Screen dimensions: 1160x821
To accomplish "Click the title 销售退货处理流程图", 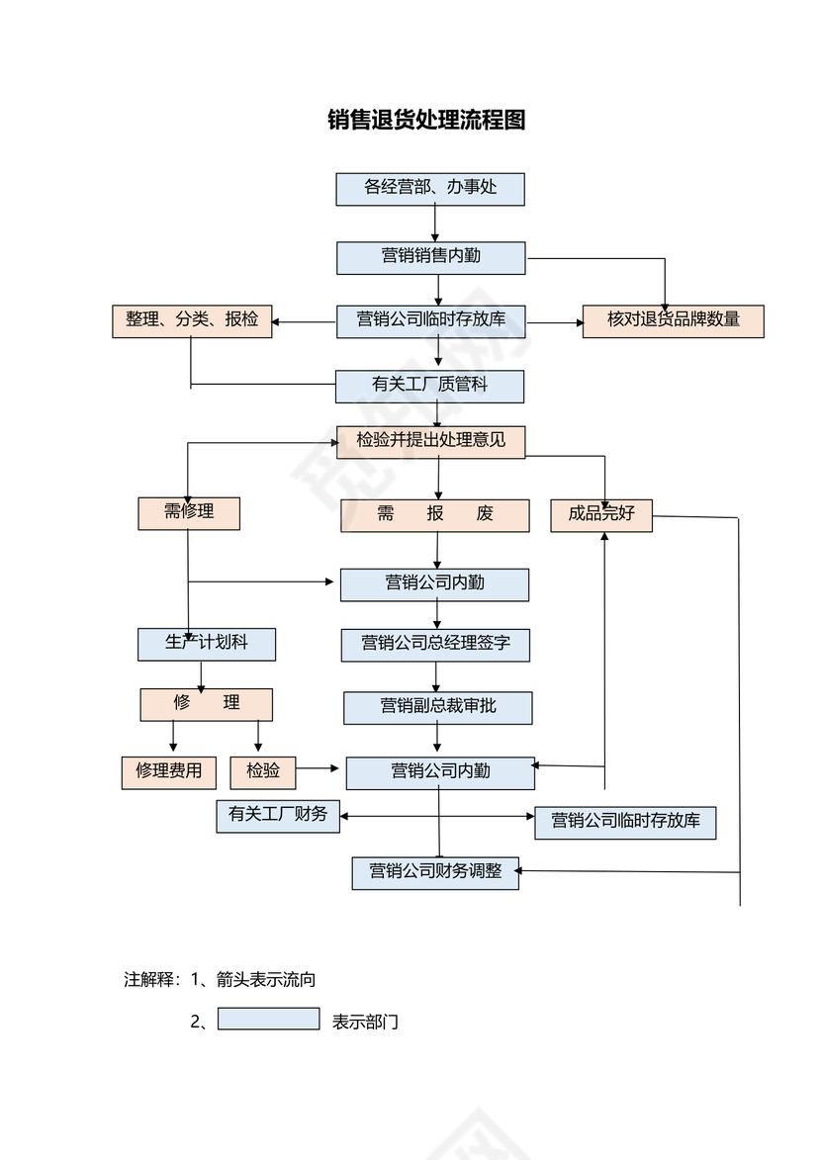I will (426, 121).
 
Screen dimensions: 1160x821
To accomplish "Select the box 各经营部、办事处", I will (429, 189).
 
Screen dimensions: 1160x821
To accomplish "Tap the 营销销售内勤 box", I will (430, 258).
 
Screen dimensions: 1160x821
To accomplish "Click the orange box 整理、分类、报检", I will (192, 321).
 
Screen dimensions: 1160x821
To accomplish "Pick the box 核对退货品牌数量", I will (673, 321).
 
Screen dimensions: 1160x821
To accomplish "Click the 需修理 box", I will (188, 513).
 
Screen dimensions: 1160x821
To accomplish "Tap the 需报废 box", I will (434, 515).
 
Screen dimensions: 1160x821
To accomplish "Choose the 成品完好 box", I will (600, 515).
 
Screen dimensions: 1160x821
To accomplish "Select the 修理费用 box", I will (168, 772).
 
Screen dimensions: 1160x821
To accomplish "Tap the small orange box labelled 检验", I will (262, 772).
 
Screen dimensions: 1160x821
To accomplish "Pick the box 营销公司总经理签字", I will (435, 645).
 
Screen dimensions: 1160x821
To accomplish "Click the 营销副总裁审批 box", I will (437, 708).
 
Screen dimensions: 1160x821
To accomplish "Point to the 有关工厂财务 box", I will (277, 816).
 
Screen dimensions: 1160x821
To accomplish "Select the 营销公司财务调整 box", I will (435, 873).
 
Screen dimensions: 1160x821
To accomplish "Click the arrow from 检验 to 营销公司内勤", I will (319, 768).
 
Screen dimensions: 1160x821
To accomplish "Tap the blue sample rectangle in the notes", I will (268, 1019).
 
